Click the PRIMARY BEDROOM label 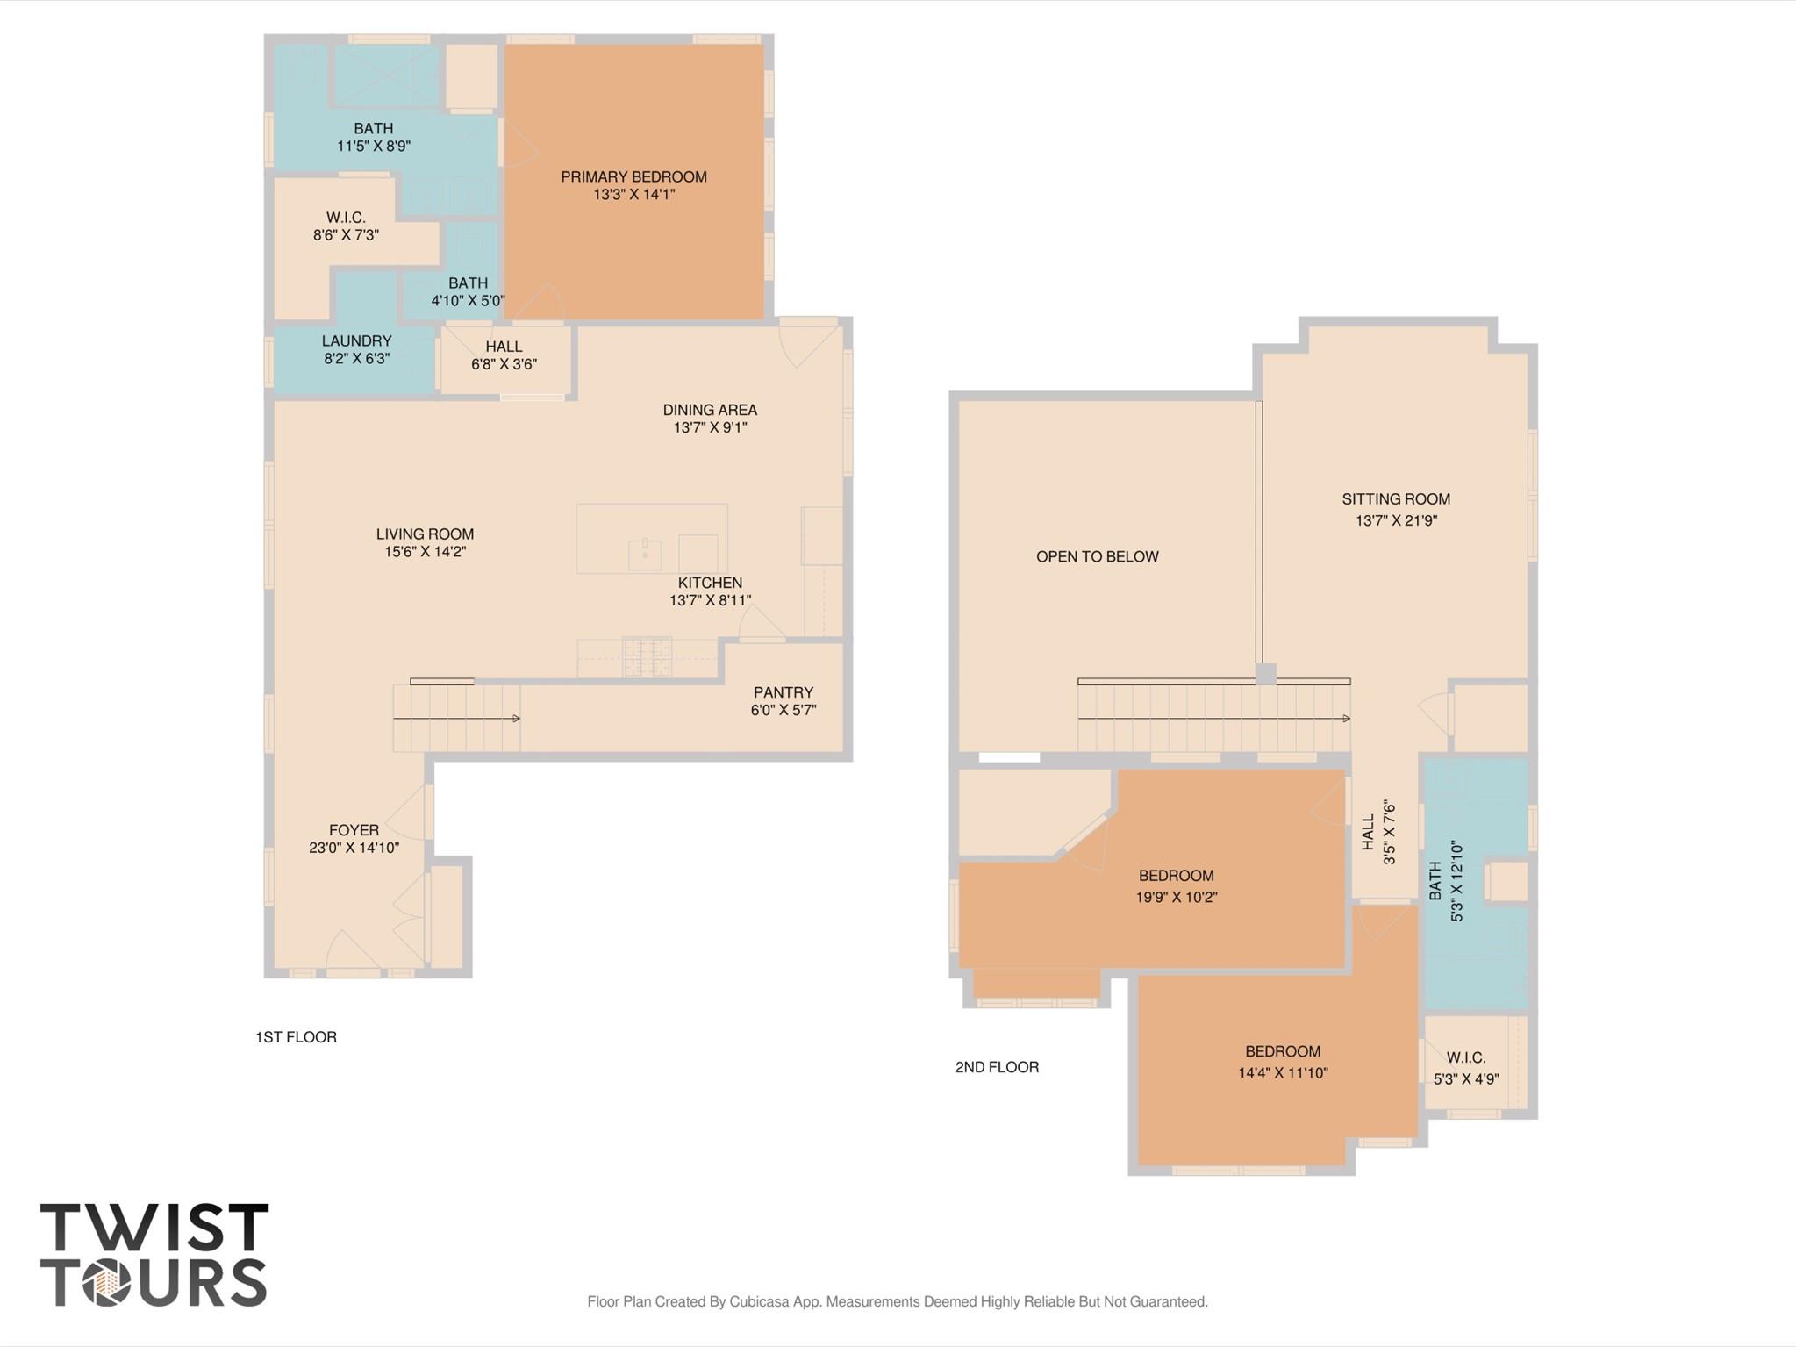[x=633, y=176]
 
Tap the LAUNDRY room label [x=356, y=340]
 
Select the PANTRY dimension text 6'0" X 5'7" [x=783, y=710]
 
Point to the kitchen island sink [x=645, y=554]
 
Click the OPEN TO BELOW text [x=1097, y=556]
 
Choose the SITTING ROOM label [x=1395, y=499]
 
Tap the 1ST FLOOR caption [x=296, y=1036]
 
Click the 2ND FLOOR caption [x=997, y=1067]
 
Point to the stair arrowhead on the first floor [x=517, y=719]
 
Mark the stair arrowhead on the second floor [x=1346, y=719]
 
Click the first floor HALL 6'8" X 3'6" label [x=504, y=355]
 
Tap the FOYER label [x=354, y=830]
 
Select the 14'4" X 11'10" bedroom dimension [x=1283, y=1072]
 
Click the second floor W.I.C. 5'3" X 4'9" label [x=1465, y=1068]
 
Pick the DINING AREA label [x=710, y=410]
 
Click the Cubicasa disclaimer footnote [x=898, y=1301]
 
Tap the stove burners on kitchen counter [x=647, y=656]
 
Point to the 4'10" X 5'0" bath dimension [x=468, y=300]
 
